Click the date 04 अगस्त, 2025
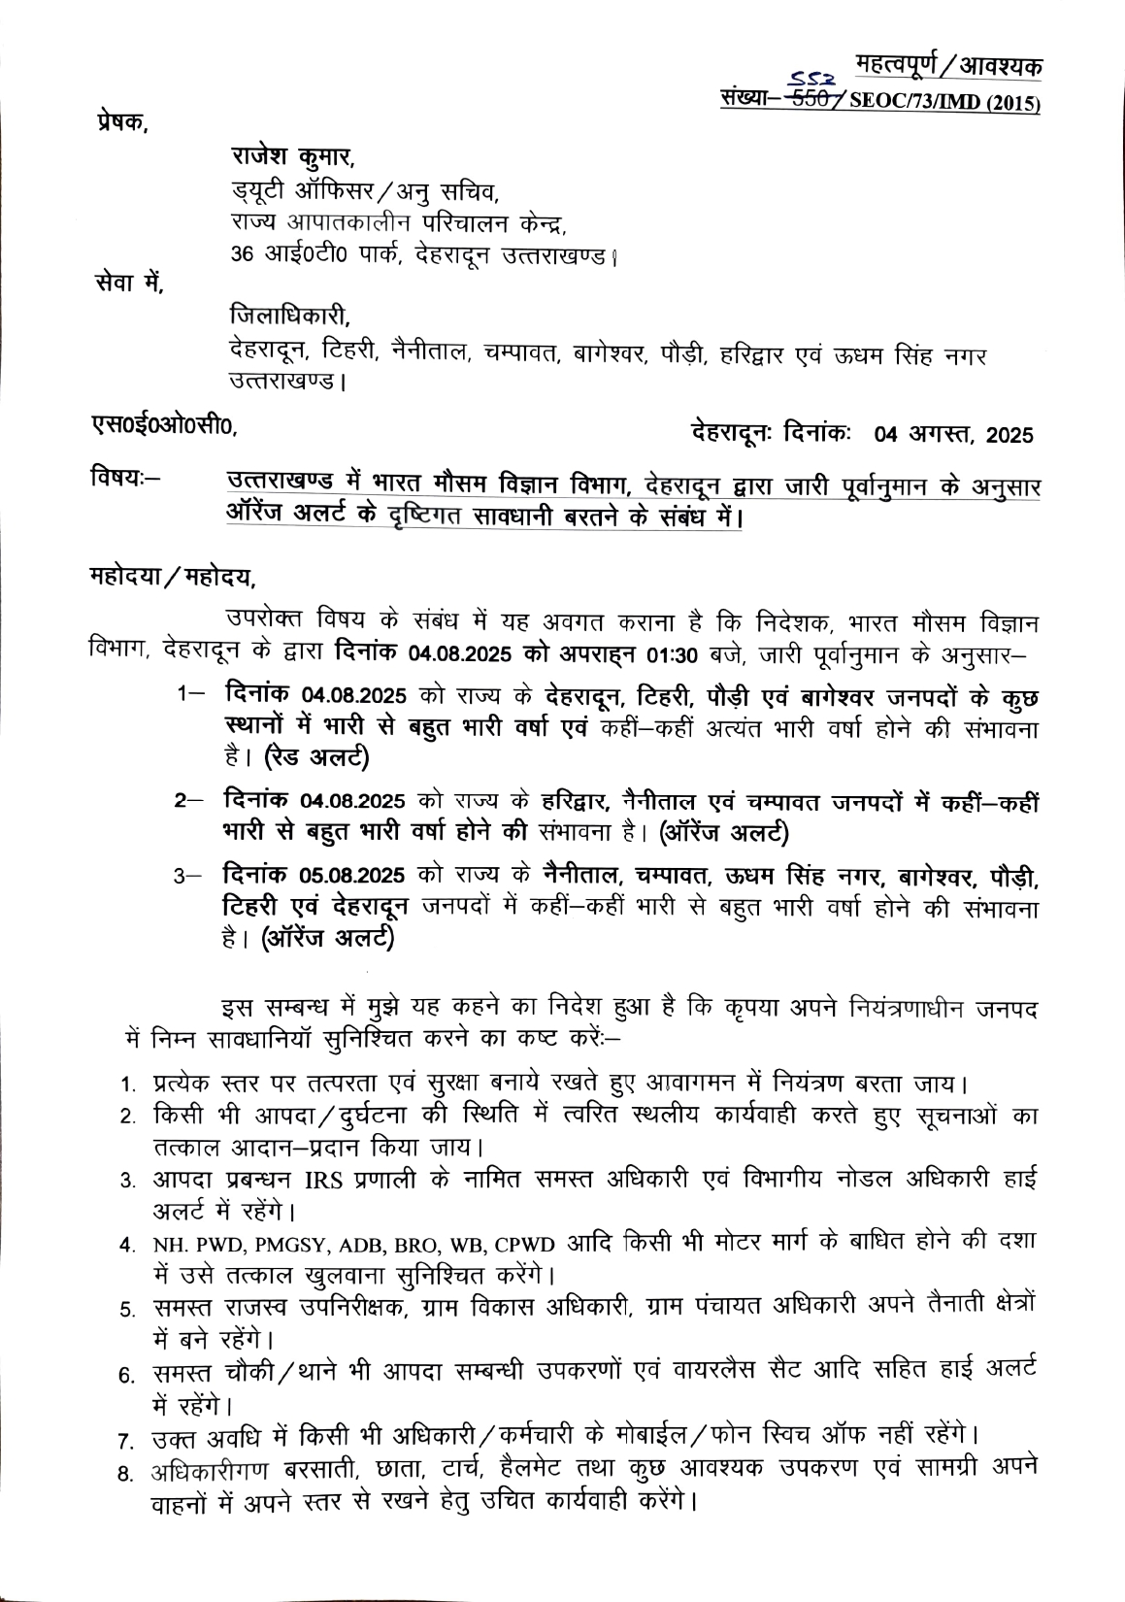point(954,434)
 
